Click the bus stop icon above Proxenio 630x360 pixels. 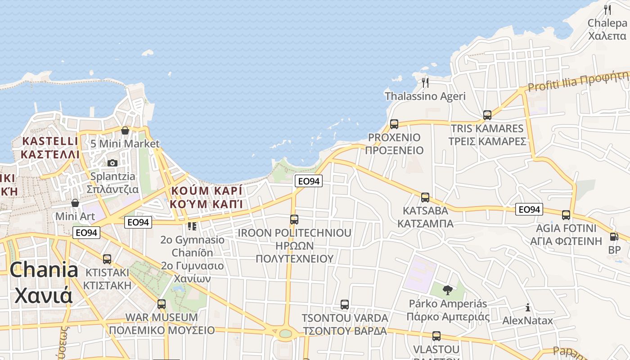[394, 124]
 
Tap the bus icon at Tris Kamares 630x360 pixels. [487, 115]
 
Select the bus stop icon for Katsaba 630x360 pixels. [425, 197]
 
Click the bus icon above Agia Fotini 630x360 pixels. [566, 215]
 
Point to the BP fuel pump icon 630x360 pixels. [614, 236]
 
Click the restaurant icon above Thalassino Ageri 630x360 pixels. [425, 82]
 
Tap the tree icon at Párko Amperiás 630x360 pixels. [447, 290]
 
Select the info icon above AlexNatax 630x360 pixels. [528, 308]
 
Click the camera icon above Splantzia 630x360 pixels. [112, 163]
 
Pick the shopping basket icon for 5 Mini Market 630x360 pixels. [125, 130]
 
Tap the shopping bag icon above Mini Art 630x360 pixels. [75, 203]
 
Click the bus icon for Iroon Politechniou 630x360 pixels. [294, 220]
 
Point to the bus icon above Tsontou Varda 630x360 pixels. [345, 305]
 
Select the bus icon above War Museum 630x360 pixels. [162, 304]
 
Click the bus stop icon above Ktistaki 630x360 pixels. [107, 259]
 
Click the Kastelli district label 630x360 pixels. [50, 148]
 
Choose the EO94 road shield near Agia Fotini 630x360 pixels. [529, 209]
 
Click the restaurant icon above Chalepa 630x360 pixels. [607, 9]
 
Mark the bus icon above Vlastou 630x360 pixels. [436, 336]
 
